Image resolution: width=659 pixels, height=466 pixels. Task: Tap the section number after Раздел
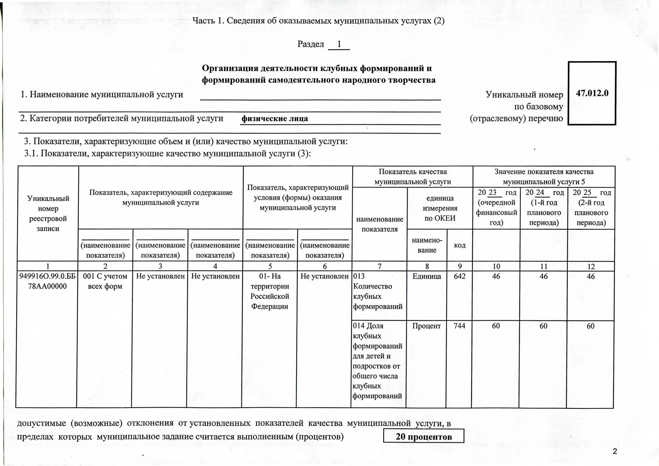(x=339, y=44)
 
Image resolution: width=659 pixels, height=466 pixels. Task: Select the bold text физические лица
(x=275, y=118)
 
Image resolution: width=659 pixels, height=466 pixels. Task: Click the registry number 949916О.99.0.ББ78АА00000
(x=47, y=281)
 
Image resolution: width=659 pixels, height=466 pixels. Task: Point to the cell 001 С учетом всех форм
(x=105, y=281)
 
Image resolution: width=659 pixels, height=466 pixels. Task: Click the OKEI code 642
(x=460, y=276)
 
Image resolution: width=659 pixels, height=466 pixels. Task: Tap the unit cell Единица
(x=427, y=276)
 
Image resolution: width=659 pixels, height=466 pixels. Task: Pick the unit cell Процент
(x=427, y=326)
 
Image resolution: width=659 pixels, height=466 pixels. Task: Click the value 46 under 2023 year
(x=496, y=276)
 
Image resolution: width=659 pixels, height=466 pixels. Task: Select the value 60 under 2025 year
(x=590, y=326)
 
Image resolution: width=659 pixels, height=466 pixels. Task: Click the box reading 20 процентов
(x=424, y=437)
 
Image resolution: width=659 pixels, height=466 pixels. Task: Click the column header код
(x=460, y=245)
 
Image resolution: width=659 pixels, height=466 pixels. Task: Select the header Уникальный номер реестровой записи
(x=48, y=213)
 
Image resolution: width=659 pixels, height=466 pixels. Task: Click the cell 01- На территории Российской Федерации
(x=270, y=291)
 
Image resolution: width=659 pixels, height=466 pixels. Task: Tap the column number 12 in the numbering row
(x=591, y=266)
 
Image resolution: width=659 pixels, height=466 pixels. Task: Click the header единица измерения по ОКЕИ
(x=440, y=208)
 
